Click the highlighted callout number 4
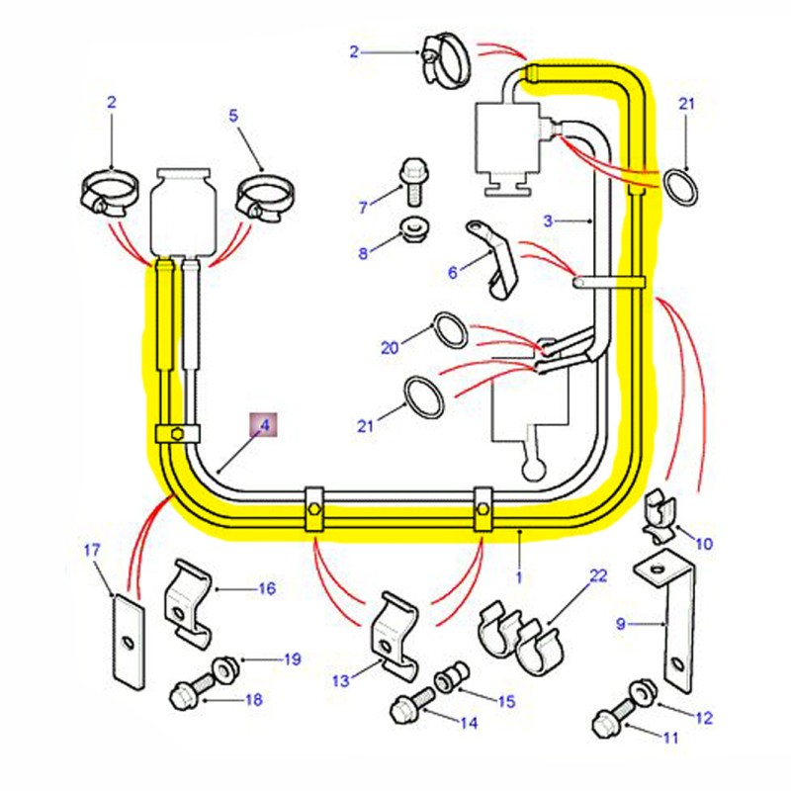(265, 425)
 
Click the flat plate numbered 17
(129, 641)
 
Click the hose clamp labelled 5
(264, 198)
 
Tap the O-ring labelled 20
(452, 330)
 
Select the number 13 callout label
(341, 681)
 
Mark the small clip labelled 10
(659, 517)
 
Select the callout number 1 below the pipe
(519, 577)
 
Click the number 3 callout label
(549, 220)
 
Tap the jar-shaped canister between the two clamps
(184, 212)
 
